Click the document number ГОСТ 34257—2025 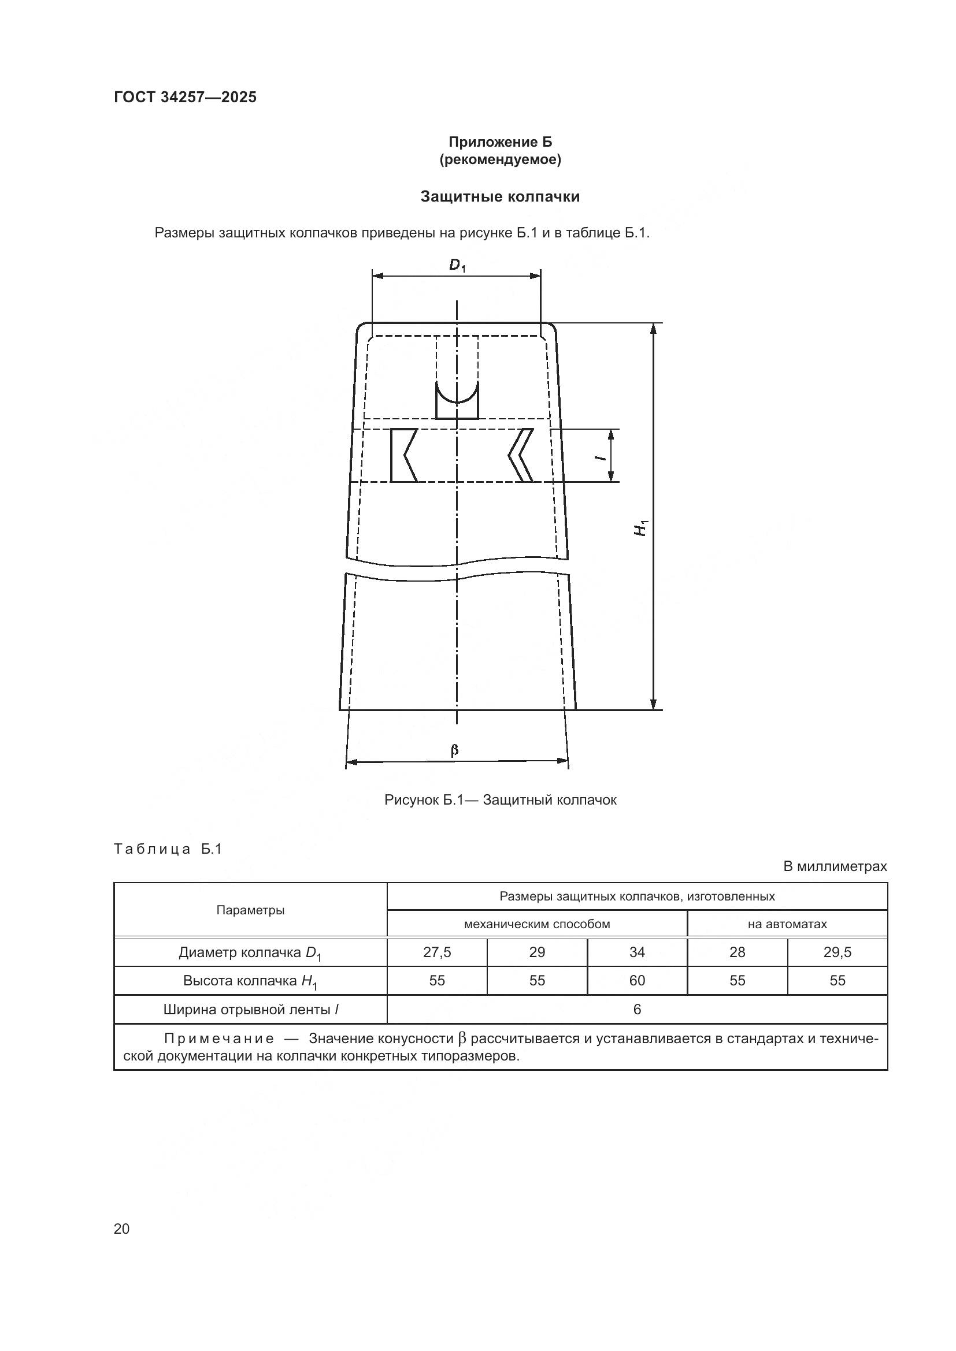(x=185, y=97)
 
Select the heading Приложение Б (x=501, y=142)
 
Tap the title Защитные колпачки (x=500, y=196)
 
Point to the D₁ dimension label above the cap (x=457, y=266)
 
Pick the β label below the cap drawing (x=454, y=750)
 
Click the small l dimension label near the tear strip (x=600, y=456)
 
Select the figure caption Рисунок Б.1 (x=500, y=800)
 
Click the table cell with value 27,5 (x=437, y=952)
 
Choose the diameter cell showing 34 (x=637, y=952)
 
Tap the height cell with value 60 (x=637, y=980)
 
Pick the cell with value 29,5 (x=837, y=952)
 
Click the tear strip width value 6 (x=637, y=1009)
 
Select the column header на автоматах (x=787, y=924)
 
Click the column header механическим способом (x=537, y=924)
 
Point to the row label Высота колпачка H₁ (x=250, y=981)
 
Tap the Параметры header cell (x=250, y=910)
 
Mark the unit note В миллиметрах (x=834, y=866)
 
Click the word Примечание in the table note (x=219, y=1039)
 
